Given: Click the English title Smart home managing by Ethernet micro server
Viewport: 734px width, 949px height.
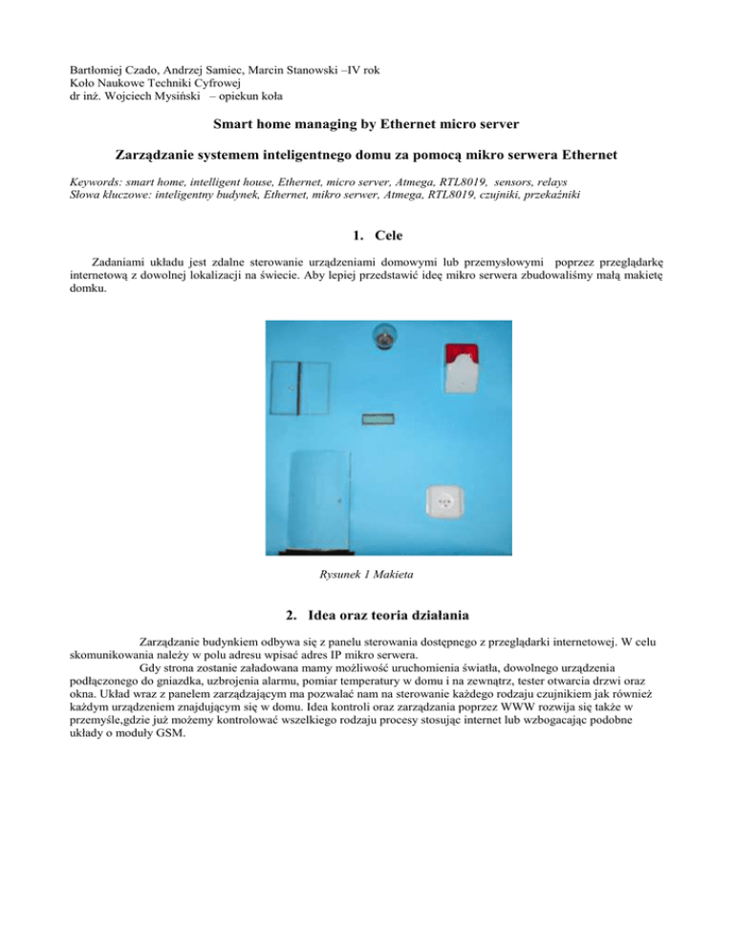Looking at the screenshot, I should (367, 124).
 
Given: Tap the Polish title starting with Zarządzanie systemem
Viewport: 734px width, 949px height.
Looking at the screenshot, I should (367, 155).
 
